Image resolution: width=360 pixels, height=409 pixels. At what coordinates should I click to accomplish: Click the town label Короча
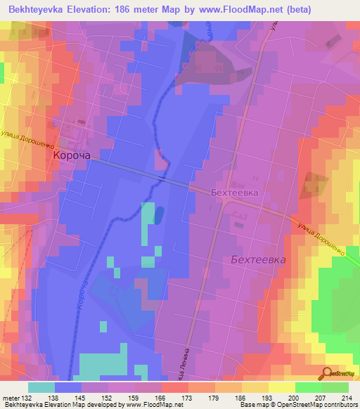click(x=72, y=159)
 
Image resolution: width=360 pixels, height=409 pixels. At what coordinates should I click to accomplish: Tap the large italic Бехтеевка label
click(x=258, y=259)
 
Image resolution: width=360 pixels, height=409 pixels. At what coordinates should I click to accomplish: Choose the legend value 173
click(x=188, y=397)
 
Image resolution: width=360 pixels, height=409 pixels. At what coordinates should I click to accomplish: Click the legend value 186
click(x=241, y=397)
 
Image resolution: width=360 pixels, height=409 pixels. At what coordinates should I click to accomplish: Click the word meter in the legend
click(x=10, y=397)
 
